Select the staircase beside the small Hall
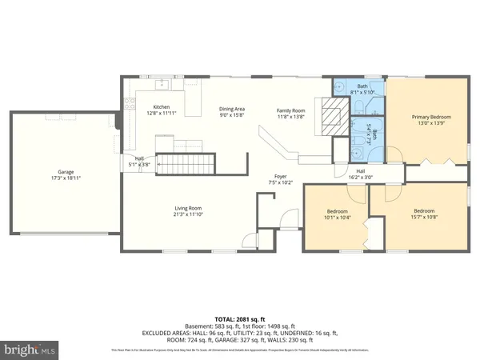coord(184,166)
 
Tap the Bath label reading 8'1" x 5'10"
coord(362,89)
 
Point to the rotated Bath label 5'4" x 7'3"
coord(370,140)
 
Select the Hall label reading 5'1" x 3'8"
coord(139,161)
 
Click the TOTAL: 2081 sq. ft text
coord(239,318)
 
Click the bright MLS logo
coord(30,349)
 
